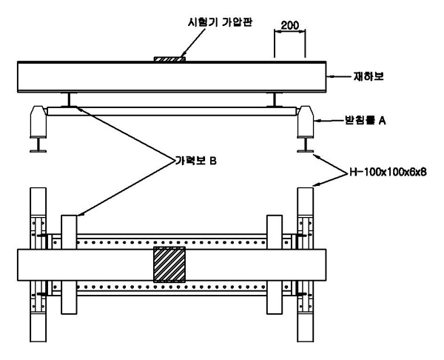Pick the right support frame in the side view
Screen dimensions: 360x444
[x=306, y=121]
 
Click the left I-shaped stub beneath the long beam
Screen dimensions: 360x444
[x=67, y=99]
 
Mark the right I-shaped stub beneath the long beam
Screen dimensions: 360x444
[x=275, y=99]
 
